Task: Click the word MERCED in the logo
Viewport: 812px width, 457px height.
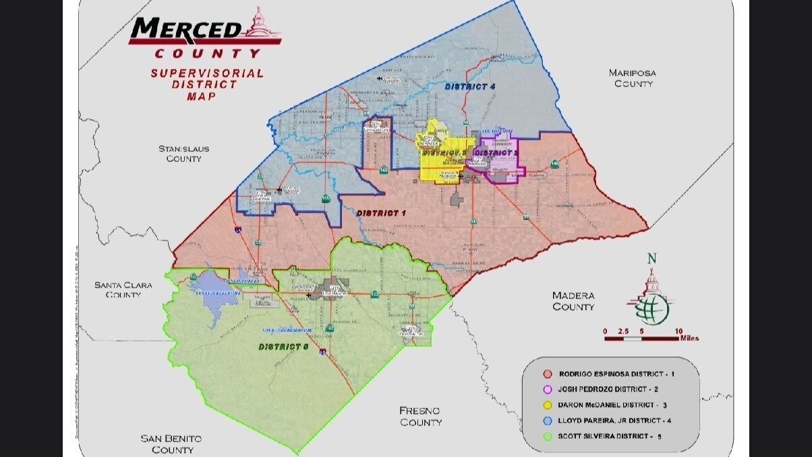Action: click(x=185, y=30)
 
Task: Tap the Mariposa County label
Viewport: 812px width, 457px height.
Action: click(x=632, y=78)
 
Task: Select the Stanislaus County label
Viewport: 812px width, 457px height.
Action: click(x=183, y=153)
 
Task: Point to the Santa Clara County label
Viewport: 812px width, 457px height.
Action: click(x=123, y=290)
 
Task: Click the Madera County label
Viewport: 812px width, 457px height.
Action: click(x=573, y=301)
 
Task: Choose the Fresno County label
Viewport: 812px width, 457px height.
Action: click(x=421, y=416)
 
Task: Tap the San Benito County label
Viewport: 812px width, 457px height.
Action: click(x=171, y=443)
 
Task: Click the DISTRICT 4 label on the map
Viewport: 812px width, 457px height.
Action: click(x=470, y=87)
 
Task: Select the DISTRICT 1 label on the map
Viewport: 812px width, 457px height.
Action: click(x=381, y=213)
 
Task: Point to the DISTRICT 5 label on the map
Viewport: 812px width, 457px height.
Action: click(x=283, y=347)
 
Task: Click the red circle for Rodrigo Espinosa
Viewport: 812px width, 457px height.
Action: click(x=548, y=373)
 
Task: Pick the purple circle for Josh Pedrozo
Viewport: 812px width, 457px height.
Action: click(x=548, y=389)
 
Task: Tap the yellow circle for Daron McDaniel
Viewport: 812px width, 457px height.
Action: click(x=548, y=405)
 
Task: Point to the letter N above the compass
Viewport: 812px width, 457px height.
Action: click(x=651, y=258)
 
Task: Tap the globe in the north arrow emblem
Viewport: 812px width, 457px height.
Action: click(x=652, y=308)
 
